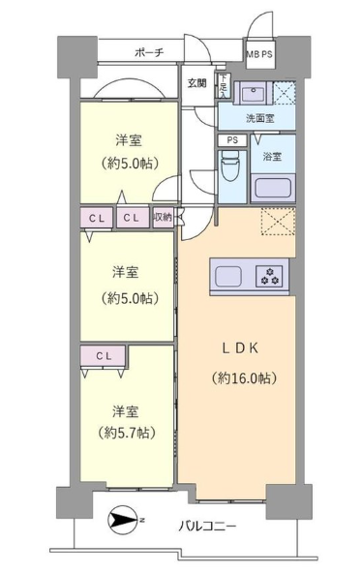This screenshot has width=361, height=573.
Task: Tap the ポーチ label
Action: (x=149, y=52)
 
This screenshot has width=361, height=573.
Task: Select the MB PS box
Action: (x=259, y=54)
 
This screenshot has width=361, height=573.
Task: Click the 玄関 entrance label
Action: (x=197, y=83)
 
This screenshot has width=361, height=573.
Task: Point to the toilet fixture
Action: (x=229, y=167)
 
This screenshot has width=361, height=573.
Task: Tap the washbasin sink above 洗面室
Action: (x=254, y=92)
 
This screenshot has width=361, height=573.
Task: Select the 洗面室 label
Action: (x=259, y=118)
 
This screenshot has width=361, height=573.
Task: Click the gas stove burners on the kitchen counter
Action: (x=269, y=276)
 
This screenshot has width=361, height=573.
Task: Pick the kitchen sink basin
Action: (x=228, y=277)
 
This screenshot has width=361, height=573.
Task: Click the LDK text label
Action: (x=240, y=348)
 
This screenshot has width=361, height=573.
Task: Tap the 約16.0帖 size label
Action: (x=243, y=377)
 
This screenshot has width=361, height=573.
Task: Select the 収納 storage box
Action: (x=163, y=218)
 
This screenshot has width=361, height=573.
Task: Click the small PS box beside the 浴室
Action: (x=232, y=140)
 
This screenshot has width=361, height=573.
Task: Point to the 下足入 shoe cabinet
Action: (x=224, y=86)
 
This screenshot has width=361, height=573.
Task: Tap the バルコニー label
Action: (x=207, y=527)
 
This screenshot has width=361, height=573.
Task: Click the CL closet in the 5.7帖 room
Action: (x=104, y=355)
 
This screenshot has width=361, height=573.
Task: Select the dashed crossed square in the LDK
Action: (x=278, y=222)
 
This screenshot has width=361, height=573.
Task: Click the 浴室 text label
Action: (x=272, y=157)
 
